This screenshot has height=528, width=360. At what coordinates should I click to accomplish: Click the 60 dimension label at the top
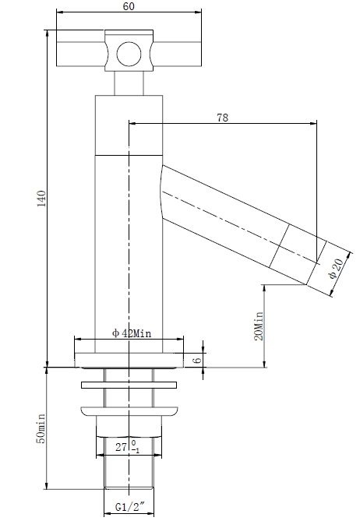[x=129, y=6]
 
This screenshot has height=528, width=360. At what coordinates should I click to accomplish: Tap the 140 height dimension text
[x=41, y=199]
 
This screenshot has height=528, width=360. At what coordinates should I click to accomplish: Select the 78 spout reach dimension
[x=223, y=118]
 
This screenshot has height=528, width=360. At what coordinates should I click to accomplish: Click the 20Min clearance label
[x=259, y=326]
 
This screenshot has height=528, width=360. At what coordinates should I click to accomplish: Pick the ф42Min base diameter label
[x=132, y=333]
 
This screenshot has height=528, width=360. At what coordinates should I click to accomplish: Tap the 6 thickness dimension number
[x=197, y=360]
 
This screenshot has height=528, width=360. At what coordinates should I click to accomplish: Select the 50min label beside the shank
[x=41, y=428]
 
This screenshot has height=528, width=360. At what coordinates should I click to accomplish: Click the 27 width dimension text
[x=121, y=447]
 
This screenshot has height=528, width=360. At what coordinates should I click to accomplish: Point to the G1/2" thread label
[x=129, y=506]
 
